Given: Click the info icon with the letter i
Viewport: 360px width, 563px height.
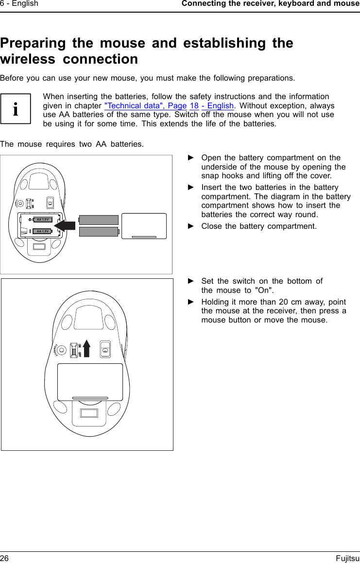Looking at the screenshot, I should click(x=16, y=109).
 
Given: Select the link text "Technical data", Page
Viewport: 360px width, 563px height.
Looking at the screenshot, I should click(x=146, y=106).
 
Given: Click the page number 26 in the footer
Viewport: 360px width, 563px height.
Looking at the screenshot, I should click(x=5, y=559).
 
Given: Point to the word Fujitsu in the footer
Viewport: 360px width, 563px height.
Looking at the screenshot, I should click(x=347, y=559).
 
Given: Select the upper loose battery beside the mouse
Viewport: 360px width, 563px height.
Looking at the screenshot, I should click(x=98, y=220).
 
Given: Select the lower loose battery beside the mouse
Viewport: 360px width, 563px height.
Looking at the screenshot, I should click(x=99, y=232).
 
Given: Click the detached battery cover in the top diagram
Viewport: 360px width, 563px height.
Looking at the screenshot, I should click(x=144, y=226).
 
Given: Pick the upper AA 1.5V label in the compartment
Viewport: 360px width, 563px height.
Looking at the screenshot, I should click(x=43, y=220).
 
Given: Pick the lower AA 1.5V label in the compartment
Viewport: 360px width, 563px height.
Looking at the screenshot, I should click(x=43, y=231).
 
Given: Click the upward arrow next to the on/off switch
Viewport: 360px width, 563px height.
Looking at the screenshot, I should click(x=87, y=347).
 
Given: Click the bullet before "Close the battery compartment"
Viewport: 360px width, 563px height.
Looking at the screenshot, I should click(x=191, y=226).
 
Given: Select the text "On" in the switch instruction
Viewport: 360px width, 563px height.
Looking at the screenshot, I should click(x=264, y=290).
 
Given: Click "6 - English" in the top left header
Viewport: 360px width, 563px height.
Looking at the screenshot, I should click(x=19, y=4).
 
